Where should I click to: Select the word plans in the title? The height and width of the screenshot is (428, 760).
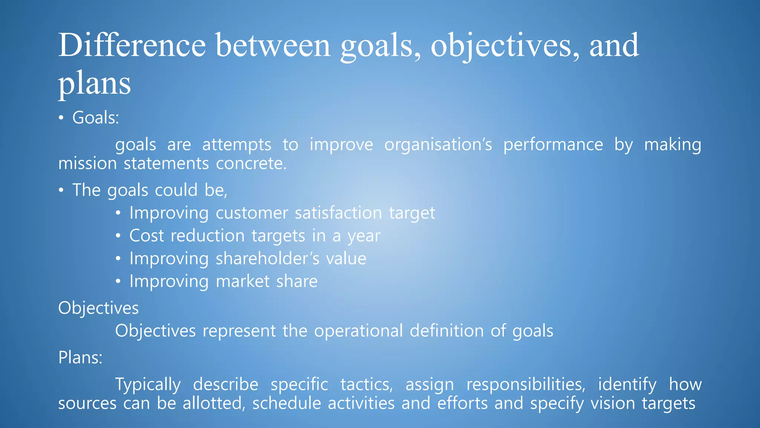coord(95,84)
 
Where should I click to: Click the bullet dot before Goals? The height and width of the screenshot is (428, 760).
coord(61,118)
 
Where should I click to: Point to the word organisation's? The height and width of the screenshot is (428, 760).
coord(438,145)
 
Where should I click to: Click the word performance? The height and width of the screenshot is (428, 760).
coord(553,145)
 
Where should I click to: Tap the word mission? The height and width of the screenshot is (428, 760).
coord(88,163)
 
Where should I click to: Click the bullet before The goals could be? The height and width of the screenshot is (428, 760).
coord(61,191)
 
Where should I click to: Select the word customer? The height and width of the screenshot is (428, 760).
coord(252,213)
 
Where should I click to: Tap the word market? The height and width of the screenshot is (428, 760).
coord(243,281)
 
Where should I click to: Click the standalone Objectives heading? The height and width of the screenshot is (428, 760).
coord(98,308)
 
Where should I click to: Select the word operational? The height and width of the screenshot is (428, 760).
coord(358,331)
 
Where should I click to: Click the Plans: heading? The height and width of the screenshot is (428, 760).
coord(80,358)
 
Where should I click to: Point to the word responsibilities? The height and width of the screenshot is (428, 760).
coord(525,385)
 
